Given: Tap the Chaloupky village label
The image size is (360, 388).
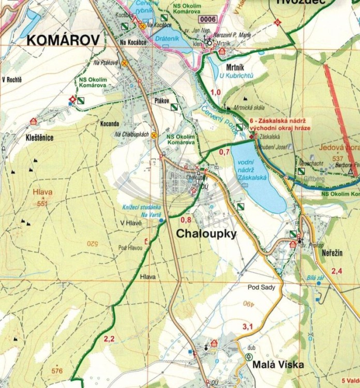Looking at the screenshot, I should [206, 234].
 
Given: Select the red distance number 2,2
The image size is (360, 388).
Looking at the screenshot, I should [109, 339].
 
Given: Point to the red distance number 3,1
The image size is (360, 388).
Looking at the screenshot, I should [247, 326].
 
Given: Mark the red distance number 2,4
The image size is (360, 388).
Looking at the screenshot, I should [337, 271].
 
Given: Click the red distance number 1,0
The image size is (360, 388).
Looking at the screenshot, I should [216, 92].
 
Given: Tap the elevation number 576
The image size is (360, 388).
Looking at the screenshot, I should [57, 370].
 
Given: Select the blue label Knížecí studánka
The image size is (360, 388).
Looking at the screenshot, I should [139, 207].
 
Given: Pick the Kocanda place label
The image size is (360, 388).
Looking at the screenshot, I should [110, 124].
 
